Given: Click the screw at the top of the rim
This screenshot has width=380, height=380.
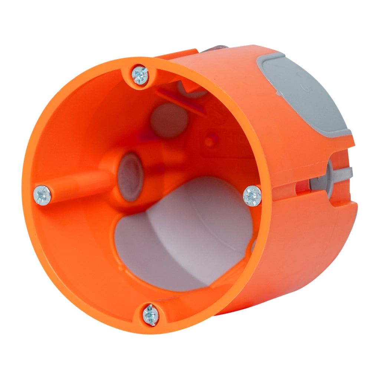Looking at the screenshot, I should [x=140, y=75].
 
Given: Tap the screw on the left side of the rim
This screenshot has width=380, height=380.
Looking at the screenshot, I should [x=42, y=195].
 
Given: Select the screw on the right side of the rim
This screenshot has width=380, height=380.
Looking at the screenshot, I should [x=252, y=196].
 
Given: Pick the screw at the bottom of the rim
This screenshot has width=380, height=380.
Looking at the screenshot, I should [x=151, y=315].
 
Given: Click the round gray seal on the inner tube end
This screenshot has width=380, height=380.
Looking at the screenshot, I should [x=130, y=177].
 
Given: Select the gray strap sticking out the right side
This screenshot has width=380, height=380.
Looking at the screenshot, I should [x=343, y=173].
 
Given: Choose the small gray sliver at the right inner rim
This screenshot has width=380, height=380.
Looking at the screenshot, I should [x=253, y=245].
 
